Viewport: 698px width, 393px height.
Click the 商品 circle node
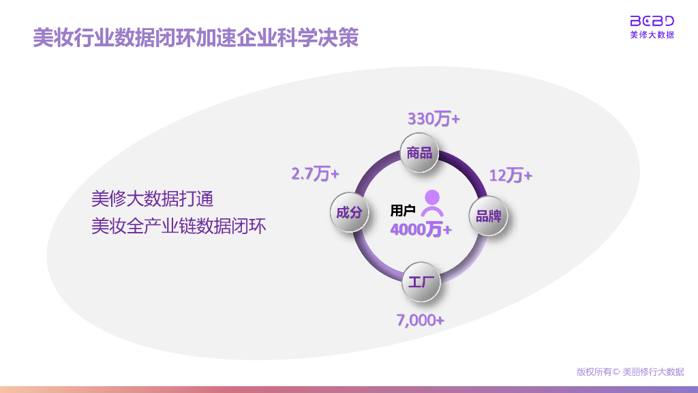point(419,153)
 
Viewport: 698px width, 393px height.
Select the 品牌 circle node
point(489,216)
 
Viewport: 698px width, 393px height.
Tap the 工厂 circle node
point(421,280)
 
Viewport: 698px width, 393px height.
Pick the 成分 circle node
point(349,212)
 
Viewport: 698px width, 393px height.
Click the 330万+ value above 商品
point(434,119)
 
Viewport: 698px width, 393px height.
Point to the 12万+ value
point(511,175)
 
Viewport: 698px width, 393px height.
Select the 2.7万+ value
point(315,174)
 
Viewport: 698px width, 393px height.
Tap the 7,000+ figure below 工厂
point(421,319)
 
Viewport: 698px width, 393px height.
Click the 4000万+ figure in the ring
point(421,230)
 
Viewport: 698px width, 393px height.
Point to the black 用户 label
point(403,210)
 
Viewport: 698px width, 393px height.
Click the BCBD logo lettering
point(652,20)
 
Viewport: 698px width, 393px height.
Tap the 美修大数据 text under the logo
point(652,35)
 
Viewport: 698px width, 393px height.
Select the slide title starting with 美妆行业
point(196,38)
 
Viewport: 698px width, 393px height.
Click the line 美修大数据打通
point(153,199)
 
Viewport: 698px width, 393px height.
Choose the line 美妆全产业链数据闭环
point(179,225)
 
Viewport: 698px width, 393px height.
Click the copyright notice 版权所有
point(630,372)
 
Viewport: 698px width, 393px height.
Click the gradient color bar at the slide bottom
point(349,389)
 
